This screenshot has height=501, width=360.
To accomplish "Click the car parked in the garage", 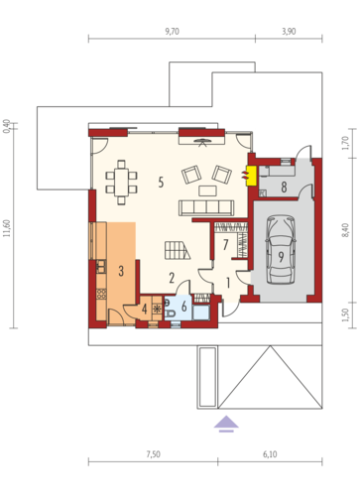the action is click(281, 249).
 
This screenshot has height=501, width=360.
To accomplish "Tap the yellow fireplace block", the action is click(252, 176).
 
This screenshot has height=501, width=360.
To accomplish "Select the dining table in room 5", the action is click(121, 183).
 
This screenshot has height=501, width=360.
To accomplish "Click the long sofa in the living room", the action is click(206, 207).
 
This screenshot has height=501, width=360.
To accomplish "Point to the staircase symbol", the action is click(178, 250).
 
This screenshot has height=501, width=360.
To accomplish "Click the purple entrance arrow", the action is click(226, 424).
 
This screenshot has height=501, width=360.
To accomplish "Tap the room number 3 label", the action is click(121, 271).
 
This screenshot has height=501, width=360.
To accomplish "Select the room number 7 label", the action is click(226, 245).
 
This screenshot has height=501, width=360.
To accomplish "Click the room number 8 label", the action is click(284, 188).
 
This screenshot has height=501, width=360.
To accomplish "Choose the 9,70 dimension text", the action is click(172, 32).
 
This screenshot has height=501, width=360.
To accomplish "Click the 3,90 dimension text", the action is click(289, 32).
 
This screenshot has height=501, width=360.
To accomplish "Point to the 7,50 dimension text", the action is click(154, 454).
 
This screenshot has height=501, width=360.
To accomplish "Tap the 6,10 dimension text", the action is click(270, 454).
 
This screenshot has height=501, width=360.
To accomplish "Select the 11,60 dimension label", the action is click(7, 228).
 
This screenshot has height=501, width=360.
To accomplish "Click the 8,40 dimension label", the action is click(345, 230).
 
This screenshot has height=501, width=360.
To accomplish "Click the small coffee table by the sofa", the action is click(207, 190).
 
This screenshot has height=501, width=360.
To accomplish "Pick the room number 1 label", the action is click(228, 283).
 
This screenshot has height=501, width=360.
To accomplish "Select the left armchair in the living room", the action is click(191, 175).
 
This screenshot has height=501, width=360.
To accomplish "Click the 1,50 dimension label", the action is click(345, 315).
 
